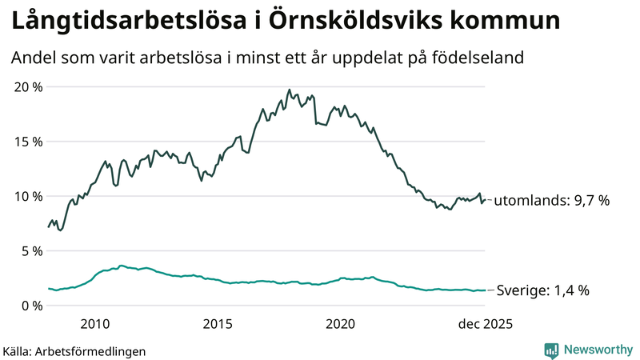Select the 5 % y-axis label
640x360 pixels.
click(30, 250)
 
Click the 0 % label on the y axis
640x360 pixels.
click(30, 306)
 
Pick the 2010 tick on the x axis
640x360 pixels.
click(94, 324)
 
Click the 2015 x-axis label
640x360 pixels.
click(218, 324)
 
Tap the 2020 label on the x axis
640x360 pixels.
click(341, 324)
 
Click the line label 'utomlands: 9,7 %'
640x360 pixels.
click(551, 200)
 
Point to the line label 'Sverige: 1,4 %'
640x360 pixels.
click(543, 290)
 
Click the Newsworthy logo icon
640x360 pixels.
click(551, 350)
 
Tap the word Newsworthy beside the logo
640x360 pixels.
click(597, 350)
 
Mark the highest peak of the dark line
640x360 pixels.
click(289, 90)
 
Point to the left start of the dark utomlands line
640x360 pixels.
click(49, 227)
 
